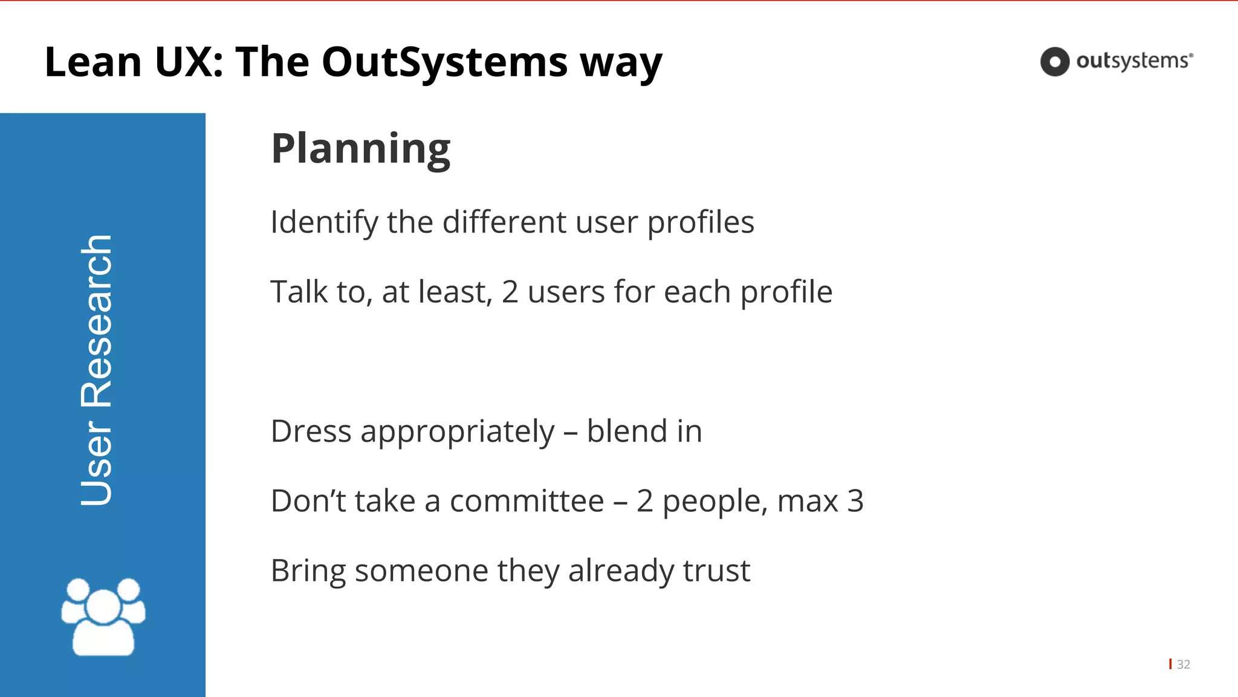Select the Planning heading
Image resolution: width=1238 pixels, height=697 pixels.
pyautogui.click(x=360, y=148)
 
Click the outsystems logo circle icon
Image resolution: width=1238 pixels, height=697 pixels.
pyautogui.click(x=1055, y=62)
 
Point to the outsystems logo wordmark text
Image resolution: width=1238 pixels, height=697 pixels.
pyautogui.click(x=1132, y=61)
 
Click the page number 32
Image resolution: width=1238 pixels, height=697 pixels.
pyautogui.click(x=1183, y=664)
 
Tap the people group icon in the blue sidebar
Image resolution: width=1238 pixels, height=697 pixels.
pyautogui.click(x=103, y=617)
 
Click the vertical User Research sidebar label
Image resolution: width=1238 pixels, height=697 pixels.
pyautogui.click(x=97, y=370)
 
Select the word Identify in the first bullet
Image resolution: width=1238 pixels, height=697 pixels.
pyautogui.click(x=324, y=223)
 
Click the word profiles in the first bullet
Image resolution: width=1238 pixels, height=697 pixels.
pyautogui.click(x=701, y=223)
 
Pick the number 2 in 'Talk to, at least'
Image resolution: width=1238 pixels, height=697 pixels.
pyautogui.click(x=510, y=292)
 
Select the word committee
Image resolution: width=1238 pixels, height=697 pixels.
pyautogui.click(x=527, y=501)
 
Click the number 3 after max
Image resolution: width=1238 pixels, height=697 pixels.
pyautogui.click(x=855, y=501)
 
